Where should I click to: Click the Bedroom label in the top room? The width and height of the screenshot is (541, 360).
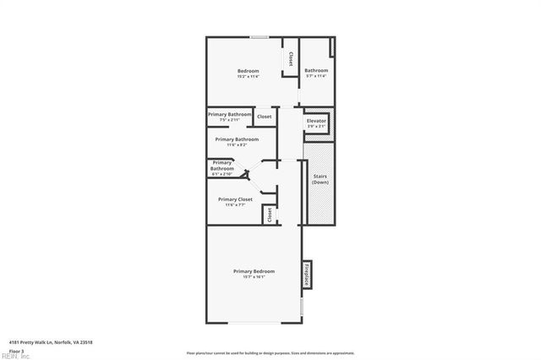[x=247, y=70]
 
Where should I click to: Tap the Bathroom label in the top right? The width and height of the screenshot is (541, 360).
[x=316, y=70]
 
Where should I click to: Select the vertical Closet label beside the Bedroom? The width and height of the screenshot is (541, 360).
[x=292, y=59]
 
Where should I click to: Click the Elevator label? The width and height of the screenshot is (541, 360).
[x=316, y=121]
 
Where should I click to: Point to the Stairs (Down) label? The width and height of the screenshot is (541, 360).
[x=320, y=180]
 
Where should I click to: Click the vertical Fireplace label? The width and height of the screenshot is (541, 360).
[x=307, y=275]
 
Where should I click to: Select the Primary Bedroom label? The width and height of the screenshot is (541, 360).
[x=254, y=270]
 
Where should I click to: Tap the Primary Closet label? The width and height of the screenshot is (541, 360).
[x=235, y=199]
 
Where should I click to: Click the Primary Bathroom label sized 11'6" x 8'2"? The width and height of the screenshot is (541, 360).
[x=237, y=139]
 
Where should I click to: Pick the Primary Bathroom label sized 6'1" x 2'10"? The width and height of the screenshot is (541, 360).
[x=222, y=165]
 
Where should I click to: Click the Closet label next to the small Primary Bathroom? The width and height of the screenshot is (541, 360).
[x=265, y=117]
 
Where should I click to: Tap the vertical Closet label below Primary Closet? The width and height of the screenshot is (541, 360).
[x=270, y=215]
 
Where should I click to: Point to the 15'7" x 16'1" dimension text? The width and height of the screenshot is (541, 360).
[x=254, y=277]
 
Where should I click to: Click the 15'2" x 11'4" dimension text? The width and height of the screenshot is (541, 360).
[x=247, y=76]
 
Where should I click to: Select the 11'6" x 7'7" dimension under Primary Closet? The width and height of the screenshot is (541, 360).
[x=235, y=205]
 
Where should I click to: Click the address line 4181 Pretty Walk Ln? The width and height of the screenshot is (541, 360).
[x=50, y=342]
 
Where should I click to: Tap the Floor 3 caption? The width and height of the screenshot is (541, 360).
[x=16, y=350]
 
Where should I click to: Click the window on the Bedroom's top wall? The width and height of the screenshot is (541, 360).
[x=260, y=36]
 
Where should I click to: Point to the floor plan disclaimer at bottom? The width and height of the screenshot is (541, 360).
[x=270, y=352]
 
